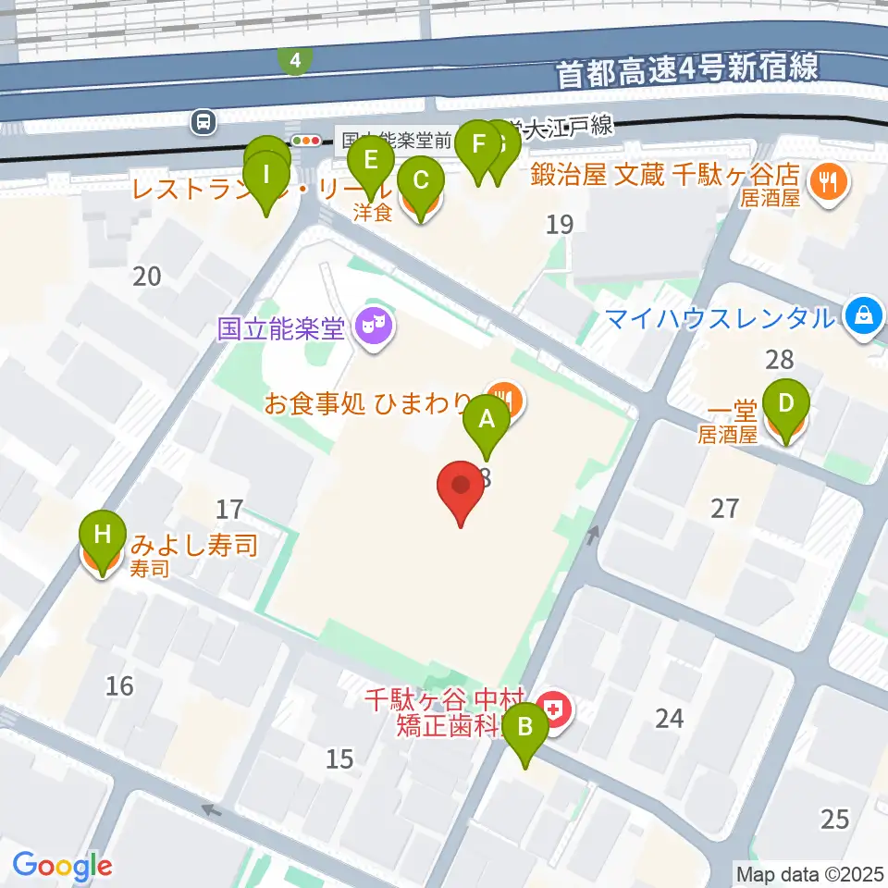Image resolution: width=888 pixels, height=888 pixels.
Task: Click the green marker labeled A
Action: (x=486, y=423)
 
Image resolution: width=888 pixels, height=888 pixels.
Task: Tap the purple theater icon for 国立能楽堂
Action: (x=374, y=327)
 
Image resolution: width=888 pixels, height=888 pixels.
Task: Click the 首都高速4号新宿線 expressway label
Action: (x=687, y=69)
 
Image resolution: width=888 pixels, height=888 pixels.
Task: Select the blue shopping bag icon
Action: (x=863, y=317)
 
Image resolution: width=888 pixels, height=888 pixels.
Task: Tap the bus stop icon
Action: (x=203, y=120)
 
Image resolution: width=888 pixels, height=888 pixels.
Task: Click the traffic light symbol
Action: (x=306, y=141)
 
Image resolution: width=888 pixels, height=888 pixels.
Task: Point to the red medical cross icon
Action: (x=555, y=710)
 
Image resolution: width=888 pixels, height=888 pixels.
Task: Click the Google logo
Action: (x=62, y=866)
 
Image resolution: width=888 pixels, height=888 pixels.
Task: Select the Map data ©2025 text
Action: (x=809, y=872)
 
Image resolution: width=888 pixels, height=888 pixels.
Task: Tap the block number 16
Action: (x=119, y=685)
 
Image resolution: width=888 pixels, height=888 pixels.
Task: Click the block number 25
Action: (x=834, y=819)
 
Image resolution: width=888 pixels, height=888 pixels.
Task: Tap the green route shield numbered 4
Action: (x=294, y=61)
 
